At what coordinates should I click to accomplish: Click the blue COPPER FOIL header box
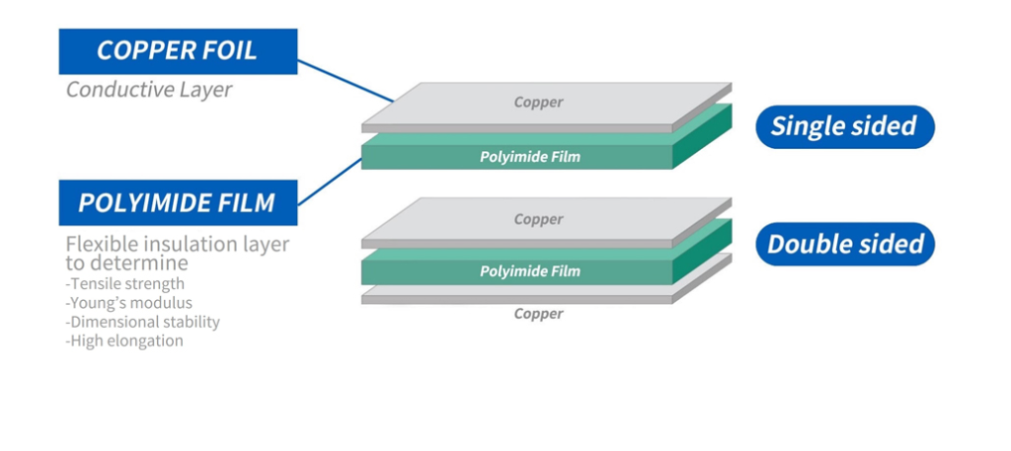[178, 51]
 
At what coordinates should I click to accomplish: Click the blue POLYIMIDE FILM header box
[178, 204]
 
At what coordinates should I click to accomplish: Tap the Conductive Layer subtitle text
[149, 90]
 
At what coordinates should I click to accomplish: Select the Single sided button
[843, 126]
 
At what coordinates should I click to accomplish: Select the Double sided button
[845, 244]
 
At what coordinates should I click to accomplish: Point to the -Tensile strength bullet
[125, 284]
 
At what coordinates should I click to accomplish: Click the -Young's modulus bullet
[129, 303]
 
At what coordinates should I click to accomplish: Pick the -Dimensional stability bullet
[143, 322]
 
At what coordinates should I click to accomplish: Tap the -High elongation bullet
[124, 340]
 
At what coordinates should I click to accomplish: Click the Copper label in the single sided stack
[538, 102]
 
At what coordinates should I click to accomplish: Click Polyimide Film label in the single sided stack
[529, 156]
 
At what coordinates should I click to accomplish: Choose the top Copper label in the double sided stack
[538, 219]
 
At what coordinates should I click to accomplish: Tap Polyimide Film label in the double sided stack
[529, 270]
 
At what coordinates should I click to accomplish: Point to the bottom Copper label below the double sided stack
[538, 314]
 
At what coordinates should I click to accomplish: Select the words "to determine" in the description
[126, 263]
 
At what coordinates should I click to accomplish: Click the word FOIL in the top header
[226, 51]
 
